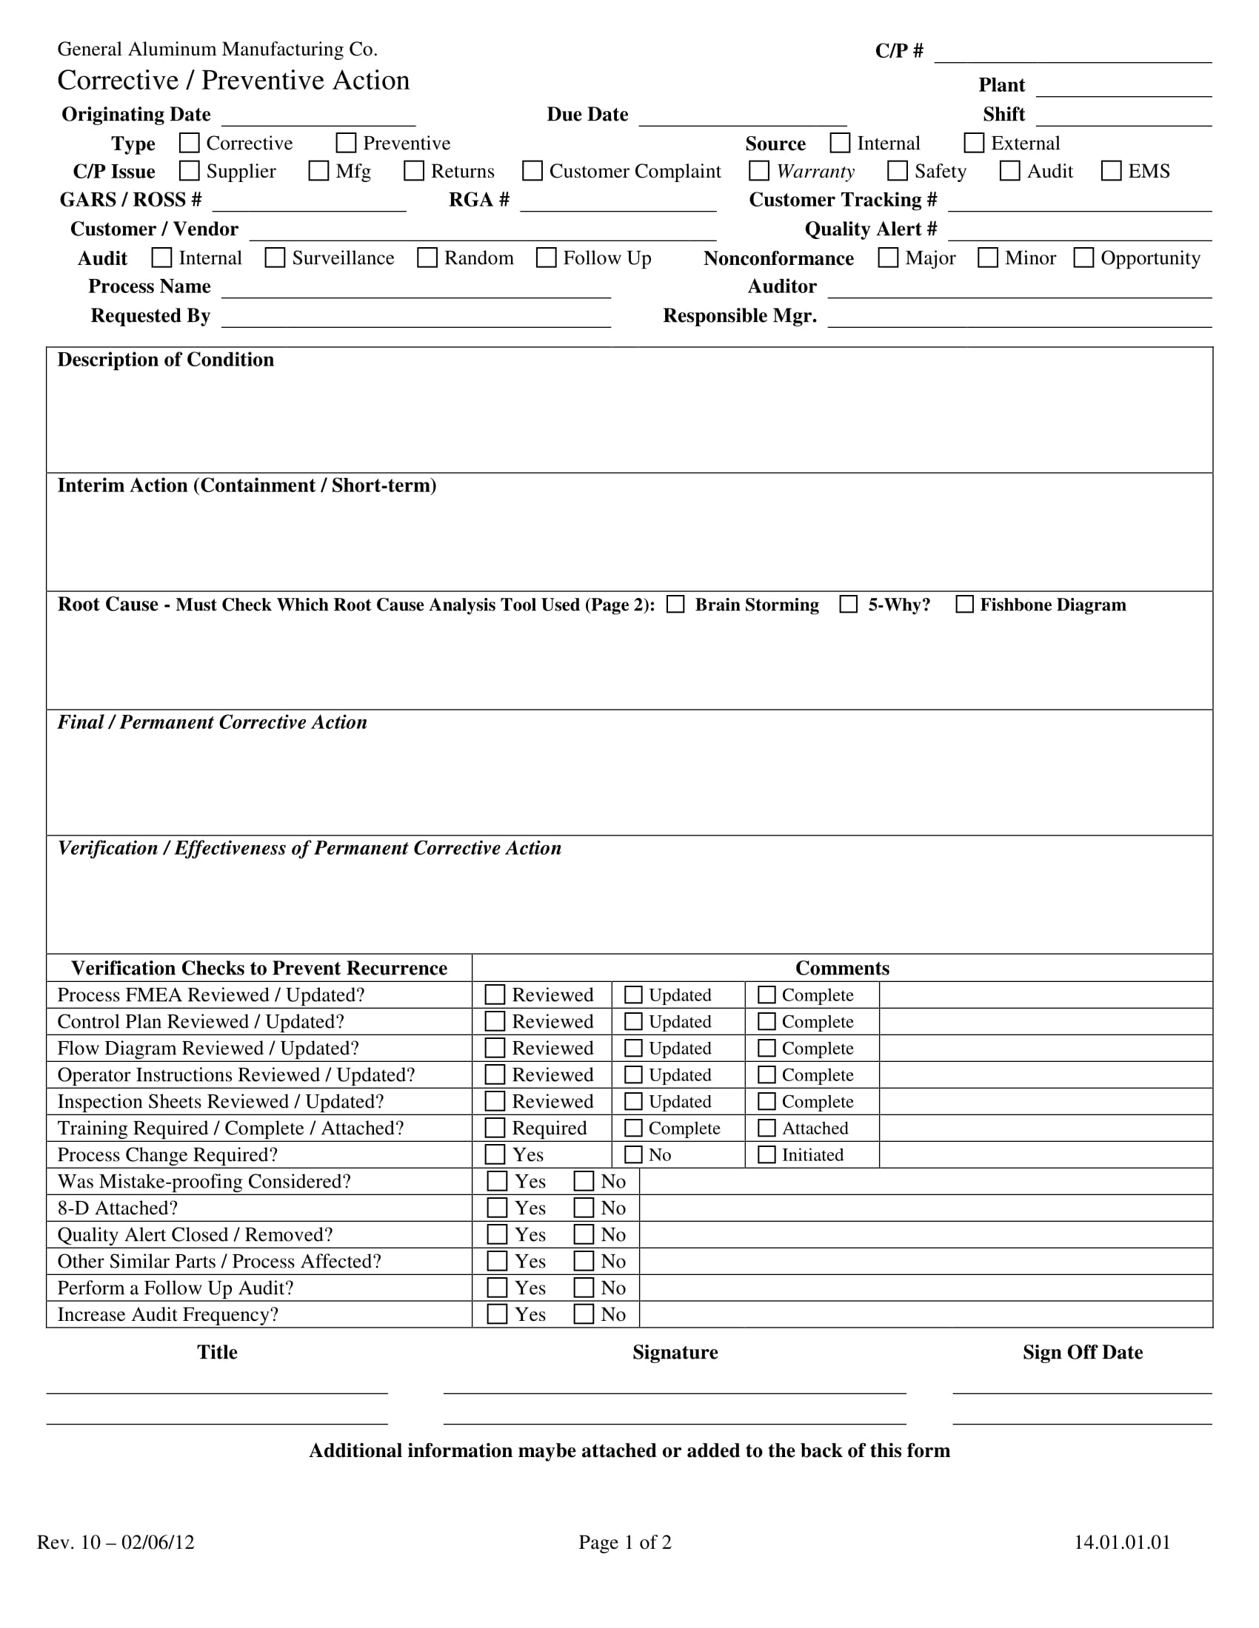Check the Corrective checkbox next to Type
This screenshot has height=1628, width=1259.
[190, 142]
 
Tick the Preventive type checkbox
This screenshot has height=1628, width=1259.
[346, 142]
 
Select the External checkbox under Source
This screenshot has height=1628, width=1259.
[974, 142]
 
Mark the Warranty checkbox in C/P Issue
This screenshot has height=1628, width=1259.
[759, 171]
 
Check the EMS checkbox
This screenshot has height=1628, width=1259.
[1112, 171]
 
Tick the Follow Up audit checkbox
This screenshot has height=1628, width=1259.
[547, 258]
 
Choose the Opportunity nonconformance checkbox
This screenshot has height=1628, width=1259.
[1083, 258]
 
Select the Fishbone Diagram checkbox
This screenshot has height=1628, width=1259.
[964, 604]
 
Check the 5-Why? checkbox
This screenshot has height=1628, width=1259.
[849, 604]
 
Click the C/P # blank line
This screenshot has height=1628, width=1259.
[1072, 54]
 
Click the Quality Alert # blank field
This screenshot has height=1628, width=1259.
[1079, 232]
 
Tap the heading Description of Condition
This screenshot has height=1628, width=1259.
[166, 360]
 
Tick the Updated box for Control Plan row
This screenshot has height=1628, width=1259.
[633, 1021]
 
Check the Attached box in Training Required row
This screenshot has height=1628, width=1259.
[767, 1128]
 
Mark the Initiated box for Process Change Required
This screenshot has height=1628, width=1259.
[767, 1154]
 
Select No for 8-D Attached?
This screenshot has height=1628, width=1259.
[584, 1208]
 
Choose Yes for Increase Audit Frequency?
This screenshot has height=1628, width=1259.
[498, 1314]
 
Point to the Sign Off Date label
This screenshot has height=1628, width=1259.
[1082, 1352]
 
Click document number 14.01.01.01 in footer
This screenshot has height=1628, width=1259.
[1122, 1542]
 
